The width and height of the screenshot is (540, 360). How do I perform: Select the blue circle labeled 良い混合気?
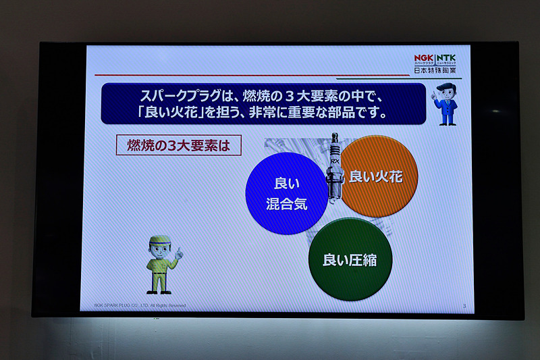click(x=286, y=193)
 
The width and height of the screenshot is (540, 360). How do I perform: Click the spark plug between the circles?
click(x=333, y=169)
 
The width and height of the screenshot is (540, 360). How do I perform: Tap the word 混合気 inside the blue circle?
click(x=286, y=204)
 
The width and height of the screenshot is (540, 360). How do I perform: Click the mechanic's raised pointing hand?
click(x=179, y=253)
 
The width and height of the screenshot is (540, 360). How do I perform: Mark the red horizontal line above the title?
click(x=250, y=75)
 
